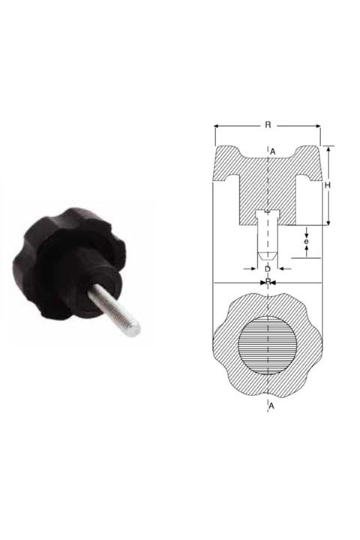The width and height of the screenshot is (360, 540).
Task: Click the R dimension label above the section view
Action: pyautogui.click(x=268, y=125)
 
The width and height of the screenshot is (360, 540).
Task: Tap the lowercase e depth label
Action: pyautogui.click(x=306, y=241)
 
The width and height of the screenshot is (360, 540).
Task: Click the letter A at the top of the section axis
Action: pyautogui.click(x=273, y=152)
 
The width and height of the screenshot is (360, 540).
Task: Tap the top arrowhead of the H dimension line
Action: pyautogui.click(x=328, y=148)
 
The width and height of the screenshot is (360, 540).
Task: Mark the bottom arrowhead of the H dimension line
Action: pyautogui.click(x=328, y=223)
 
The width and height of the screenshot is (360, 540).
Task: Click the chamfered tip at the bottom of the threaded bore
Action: pyautogui.click(x=268, y=256)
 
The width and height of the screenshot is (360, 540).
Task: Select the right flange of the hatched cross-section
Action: pyautogui.click(x=308, y=163)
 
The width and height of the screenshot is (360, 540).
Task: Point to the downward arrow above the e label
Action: pyautogui.click(x=306, y=229)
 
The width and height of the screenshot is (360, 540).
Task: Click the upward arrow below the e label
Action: pyautogui.click(x=306, y=253)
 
